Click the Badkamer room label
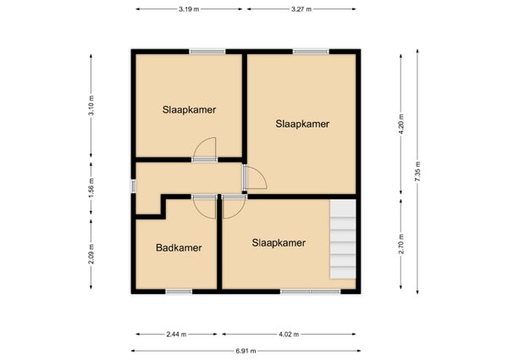point(179,248)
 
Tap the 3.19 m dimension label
point(189,9)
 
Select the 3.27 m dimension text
point(301,9)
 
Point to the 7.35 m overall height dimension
point(417,171)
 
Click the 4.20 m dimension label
point(401,125)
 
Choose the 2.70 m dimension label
point(401,244)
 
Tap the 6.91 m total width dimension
point(246,351)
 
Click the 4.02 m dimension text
point(289,334)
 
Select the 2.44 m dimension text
point(176,334)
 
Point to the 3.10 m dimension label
point(91,106)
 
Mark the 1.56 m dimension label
point(91,188)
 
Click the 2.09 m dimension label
point(91,254)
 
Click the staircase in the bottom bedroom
point(343,239)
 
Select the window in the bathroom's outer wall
point(179,291)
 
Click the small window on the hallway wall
point(133,186)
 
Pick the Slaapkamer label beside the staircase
point(279,243)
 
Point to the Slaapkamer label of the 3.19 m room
point(189,110)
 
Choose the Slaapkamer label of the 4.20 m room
point(302,124)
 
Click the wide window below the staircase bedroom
point(311,291)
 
